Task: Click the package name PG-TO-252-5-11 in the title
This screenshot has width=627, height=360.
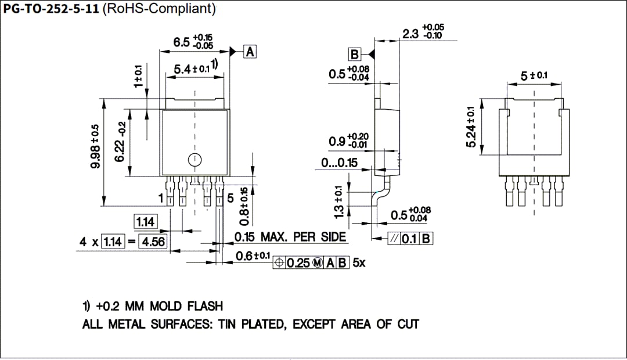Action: click(x=51, y=9)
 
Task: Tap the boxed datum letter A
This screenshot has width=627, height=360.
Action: click(x=250, y=52)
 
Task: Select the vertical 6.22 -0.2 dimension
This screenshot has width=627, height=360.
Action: click(x=122, y=142)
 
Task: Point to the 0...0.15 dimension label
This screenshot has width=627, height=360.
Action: click(x=340, y=163)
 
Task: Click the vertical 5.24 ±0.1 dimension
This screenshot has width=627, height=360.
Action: click(x=471, y=127)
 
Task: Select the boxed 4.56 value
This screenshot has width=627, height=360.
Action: click(x=153, y=242)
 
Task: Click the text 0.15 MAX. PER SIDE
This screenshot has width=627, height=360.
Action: click(x=290, y=237)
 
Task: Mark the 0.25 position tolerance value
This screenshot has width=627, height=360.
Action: click(x=299, y=263)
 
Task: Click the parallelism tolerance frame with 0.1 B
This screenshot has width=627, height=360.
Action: click(x=410, y=238)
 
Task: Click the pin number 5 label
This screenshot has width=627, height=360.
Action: click(x=230, y=199)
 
